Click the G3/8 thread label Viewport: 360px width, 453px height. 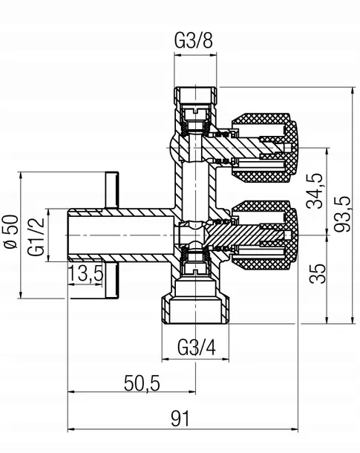(194, 41)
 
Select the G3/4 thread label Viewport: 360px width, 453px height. (196, 348)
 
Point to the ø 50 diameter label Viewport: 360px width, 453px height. (11, 232)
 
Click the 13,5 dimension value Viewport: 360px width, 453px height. (86, 273)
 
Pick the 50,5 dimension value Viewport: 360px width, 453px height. (142, 383)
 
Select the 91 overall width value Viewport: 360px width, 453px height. (180, 419)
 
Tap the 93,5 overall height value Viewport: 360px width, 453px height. (342, 214)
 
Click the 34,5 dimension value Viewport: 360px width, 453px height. (314, 191)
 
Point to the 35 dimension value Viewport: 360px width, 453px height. (317, 273)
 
